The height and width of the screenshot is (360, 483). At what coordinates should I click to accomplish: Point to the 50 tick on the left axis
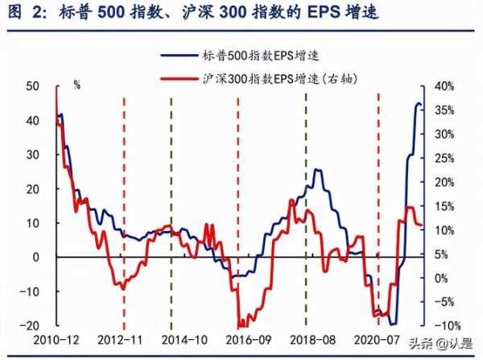[33, 86]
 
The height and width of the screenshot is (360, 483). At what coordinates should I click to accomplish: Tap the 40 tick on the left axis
[33, 121]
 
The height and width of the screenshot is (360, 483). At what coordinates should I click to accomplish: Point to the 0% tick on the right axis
[447, 278]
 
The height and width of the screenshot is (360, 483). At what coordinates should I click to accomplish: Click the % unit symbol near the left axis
[76, 84]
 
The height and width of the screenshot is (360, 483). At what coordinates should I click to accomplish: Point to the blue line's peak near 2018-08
[318, 170]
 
